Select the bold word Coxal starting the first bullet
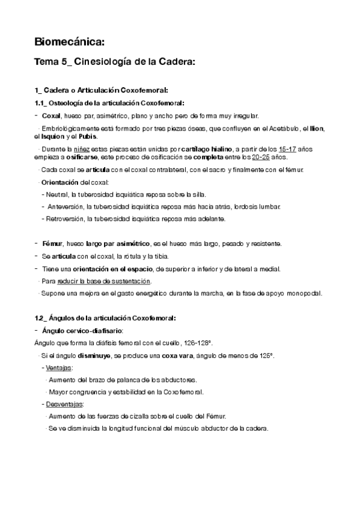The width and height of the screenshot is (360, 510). coord(52,115)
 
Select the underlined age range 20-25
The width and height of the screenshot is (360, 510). coord(243,157)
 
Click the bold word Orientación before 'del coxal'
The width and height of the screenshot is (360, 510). coord(60,182)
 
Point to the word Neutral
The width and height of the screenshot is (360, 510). coord(56,194)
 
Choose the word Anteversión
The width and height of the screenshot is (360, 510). coord(64,206)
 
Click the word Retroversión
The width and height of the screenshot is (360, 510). coord(65,218)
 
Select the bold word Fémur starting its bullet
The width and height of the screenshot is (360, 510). coord(52,244)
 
